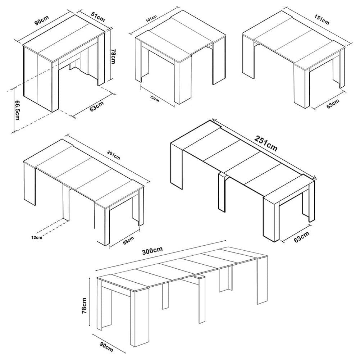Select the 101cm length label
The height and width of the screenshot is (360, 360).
click(151, 18)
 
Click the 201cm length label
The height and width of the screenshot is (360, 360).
click(113, 155)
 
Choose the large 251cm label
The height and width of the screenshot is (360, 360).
click(266, 143)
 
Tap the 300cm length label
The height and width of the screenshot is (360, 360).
click(152, 251)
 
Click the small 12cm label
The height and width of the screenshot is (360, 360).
click(37, 238)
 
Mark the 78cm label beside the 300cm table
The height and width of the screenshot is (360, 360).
click(84, 306)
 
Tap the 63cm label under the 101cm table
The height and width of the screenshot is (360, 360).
click(155, 99)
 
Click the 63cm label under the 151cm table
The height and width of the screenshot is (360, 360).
click(333, 104)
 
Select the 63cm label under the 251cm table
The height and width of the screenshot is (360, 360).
click(301, 237)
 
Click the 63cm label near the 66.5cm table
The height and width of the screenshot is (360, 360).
click(97, 106)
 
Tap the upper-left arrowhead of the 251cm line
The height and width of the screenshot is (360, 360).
click(213, 119)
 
